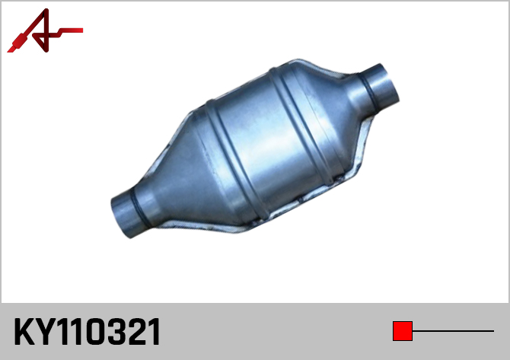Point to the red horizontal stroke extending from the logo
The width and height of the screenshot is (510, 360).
pos(69,31)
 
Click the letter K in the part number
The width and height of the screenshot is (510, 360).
pos(24,331)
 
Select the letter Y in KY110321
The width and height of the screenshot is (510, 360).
pos(46,331)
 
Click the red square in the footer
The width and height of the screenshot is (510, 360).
pos(403,331)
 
